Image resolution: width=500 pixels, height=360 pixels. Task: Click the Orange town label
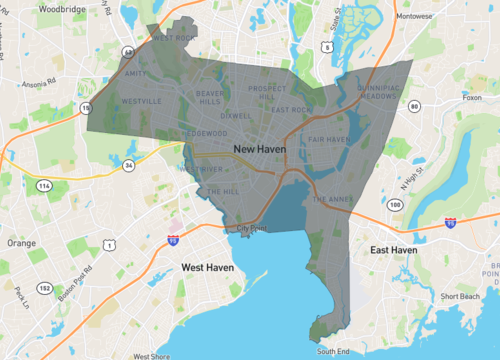coord(21,242)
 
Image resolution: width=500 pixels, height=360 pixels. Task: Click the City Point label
coord(253,228)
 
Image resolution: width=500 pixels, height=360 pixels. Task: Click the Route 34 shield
coord(129,165)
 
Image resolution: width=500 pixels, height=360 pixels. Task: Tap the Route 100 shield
coord(396,204)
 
